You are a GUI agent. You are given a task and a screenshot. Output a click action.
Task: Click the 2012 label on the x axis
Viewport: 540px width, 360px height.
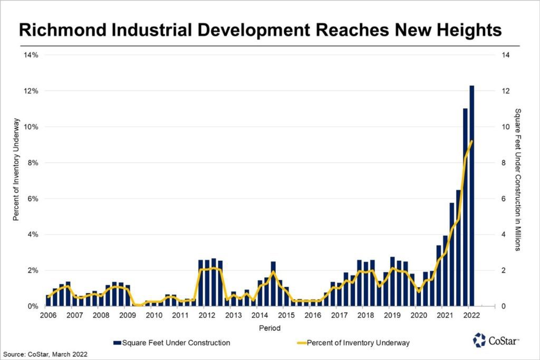pyautogui.click(x=207, y=315)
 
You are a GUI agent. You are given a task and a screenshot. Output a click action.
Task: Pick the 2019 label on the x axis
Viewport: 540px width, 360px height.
pyautogui.click(x=392, y=315)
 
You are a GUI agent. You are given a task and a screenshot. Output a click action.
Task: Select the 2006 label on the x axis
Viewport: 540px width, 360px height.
pyautogui.click(x=49, y=315)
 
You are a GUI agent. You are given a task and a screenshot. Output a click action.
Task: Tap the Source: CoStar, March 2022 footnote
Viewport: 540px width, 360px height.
pyautogui.click(x=45, y=354)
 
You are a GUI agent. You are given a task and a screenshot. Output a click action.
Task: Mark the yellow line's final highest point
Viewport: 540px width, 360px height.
pyautogui.click(x=472, y=141)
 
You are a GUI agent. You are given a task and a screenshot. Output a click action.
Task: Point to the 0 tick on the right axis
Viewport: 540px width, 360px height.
pyautogui.click(x=505, y=306)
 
